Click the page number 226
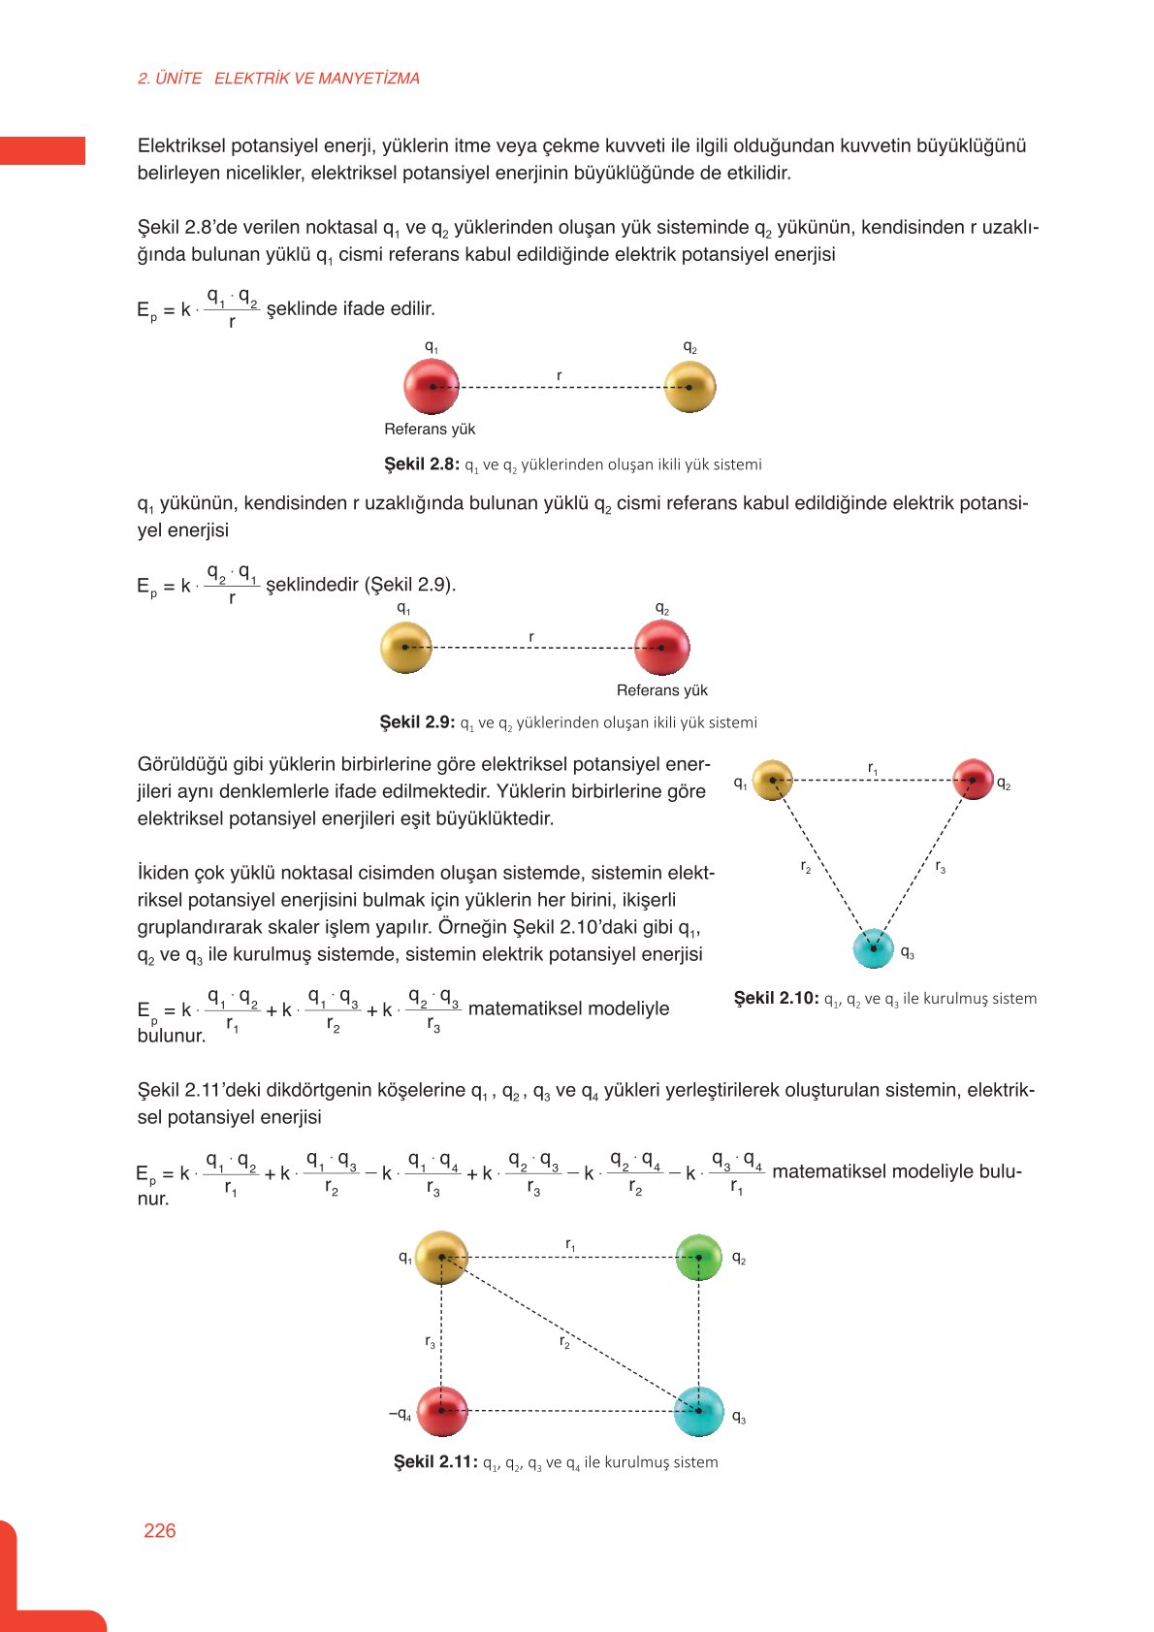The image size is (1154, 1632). (160, 1530)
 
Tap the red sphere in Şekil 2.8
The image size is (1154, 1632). (432, 387)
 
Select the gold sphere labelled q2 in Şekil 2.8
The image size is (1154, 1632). (690, 387)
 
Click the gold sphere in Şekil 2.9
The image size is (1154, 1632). (405, 647)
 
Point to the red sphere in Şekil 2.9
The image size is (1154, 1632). (661, 647)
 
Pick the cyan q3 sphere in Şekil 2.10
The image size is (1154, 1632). (873, 948)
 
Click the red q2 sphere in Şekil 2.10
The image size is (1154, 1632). (973, 780)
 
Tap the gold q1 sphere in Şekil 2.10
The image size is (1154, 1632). (773, 780)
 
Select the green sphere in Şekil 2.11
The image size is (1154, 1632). (698, 1258)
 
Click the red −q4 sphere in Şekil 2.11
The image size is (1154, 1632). (442, 1411)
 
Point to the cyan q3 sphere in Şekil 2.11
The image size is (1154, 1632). (698, 1411)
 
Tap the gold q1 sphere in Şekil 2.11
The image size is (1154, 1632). (441, 1258)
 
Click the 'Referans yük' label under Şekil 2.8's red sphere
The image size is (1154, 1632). (430, 430)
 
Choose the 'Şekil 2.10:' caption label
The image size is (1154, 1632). (776, 998)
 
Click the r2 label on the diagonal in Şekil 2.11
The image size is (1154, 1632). (564, 1342)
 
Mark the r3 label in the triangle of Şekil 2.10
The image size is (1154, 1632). (940, 867)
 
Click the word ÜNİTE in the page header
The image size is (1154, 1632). (178, 79)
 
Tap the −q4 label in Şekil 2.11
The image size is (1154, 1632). (400, 1415)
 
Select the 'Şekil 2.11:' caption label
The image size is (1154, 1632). (435, 1461)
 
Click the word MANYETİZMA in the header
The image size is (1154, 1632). (369, 79)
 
